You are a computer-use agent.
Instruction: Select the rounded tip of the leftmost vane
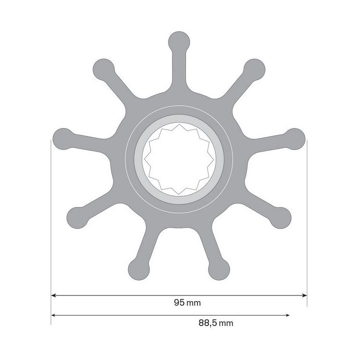pyautogui.click(x=62, y=137)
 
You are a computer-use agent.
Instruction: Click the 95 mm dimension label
pyautogui.click(x=183, y=303)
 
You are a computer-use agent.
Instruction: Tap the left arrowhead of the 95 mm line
pyautogui.click(x=54, y=296)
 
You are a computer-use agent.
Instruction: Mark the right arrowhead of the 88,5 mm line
pyautogui.click(x=287, y=315)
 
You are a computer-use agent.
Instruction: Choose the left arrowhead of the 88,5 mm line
pyautogui.click(x=54, y=315)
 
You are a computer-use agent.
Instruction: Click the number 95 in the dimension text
pyautogui.click(x=178, y=303)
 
